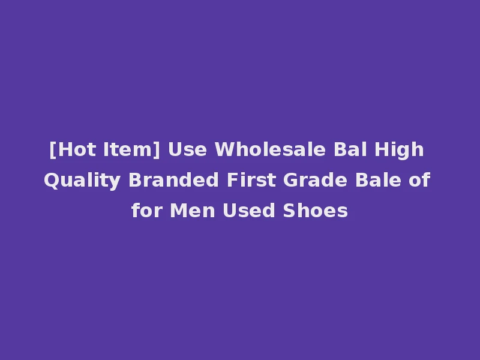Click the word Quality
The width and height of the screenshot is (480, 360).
pyautogui.click(x=82, y=180)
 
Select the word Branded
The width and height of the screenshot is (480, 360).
pyautogui.click(x=167, y=180)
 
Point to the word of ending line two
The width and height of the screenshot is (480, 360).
pyautogui.click(x=418, y=180)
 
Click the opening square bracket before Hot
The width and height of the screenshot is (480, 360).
pyautogui.click(x=53, y=149)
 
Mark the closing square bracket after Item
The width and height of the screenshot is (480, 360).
pyautogui.click(x=157, y=149)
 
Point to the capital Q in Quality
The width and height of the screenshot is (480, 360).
pyautogui.click(x=50, y=180)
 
